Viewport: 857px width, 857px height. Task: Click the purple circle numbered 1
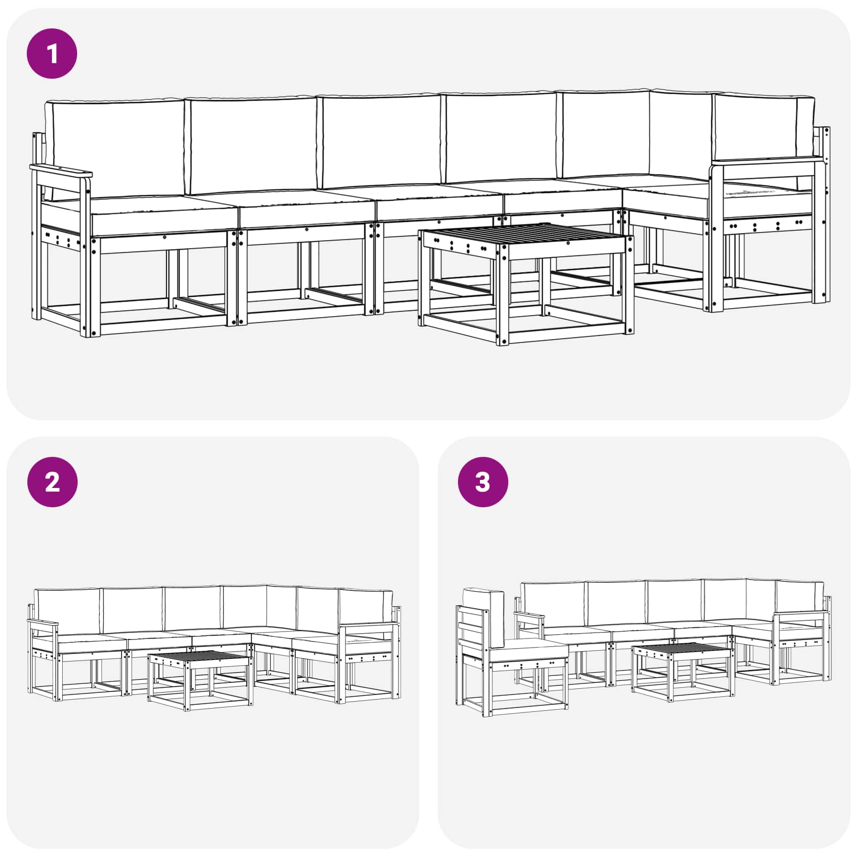click(x=52, y=54)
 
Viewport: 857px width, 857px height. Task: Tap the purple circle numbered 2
click(x=52, y=482)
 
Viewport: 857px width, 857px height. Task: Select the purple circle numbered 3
click(x=483, y=482)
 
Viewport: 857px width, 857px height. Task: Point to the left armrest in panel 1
click(x=61, y=172)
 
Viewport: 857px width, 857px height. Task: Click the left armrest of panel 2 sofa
click(x=43, y=623)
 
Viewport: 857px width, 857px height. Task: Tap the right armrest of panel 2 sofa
click(x=370, y=625)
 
